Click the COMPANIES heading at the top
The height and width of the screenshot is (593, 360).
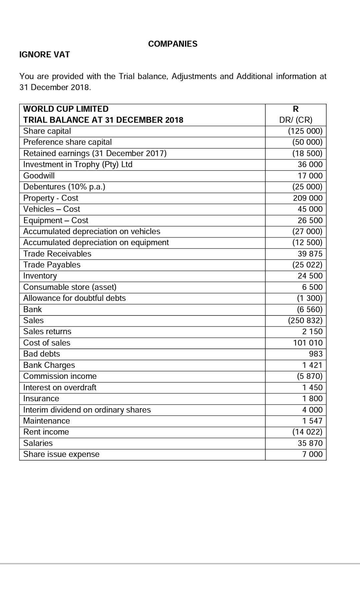[x=173, y=44]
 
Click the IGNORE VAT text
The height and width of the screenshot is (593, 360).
[x=45, y=55]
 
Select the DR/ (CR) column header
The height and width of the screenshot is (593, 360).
[x=296, y=120]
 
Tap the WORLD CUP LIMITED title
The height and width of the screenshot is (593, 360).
[x=66, y=109]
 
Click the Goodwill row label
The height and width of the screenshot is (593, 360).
[x=39, y=176]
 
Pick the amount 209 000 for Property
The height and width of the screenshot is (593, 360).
[x=308, y=198]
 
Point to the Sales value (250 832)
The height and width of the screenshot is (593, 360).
[x=305, y=321]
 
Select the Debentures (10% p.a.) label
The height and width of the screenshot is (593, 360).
[x=64, y=187]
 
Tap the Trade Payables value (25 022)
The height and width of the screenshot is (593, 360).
[x=307, y=265]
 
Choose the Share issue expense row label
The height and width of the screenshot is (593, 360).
[x=61, y=454]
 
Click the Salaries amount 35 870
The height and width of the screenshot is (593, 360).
[x=310, y=443]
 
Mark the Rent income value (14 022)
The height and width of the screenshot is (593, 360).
[x=307, y=432]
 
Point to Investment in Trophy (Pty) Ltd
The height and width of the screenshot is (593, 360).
[x=78, y=164]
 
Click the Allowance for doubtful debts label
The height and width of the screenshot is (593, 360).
[x=74, y=298]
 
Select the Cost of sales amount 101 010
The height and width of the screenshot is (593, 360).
[x=308, y=343]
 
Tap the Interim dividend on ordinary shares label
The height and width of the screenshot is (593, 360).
[x=87, y=410]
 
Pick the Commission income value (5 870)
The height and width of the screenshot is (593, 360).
[x=309, y=376]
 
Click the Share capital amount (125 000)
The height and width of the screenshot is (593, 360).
[x=305, y=131]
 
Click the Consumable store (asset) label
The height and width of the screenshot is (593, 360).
[x=70, y=287]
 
